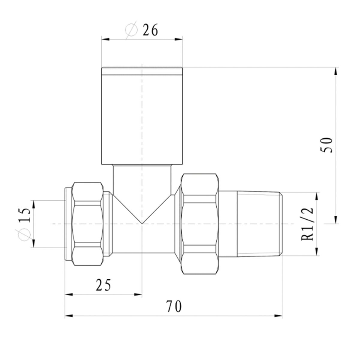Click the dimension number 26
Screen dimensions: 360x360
click(150, 30)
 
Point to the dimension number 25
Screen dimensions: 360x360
click(103, 285)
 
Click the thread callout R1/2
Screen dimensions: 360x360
click(307, 224)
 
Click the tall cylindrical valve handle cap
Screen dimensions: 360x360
click(142, 116)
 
